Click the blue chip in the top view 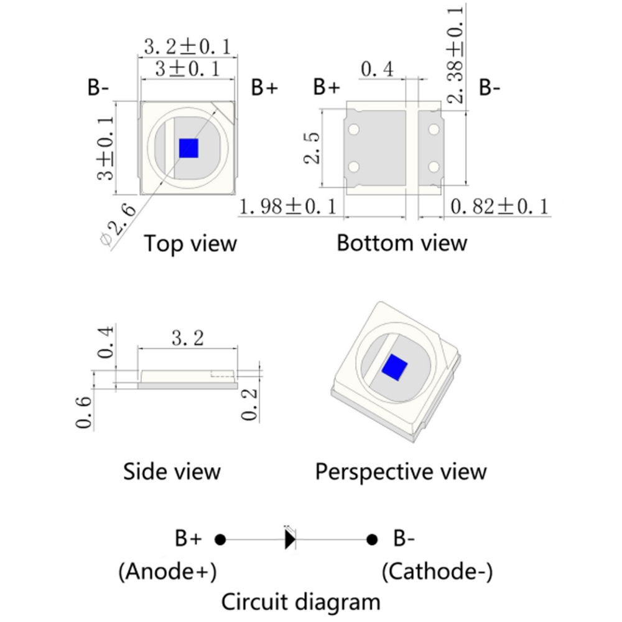click(188, 148)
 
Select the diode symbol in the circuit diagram click(290, 539)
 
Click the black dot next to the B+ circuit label click(220, 539)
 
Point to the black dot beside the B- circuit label click(372, 539)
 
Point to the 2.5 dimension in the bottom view click(312, 148)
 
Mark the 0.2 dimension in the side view click(250, 405)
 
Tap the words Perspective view click(401, 471)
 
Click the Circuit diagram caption click(300, 601)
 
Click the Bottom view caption click(401, 243)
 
